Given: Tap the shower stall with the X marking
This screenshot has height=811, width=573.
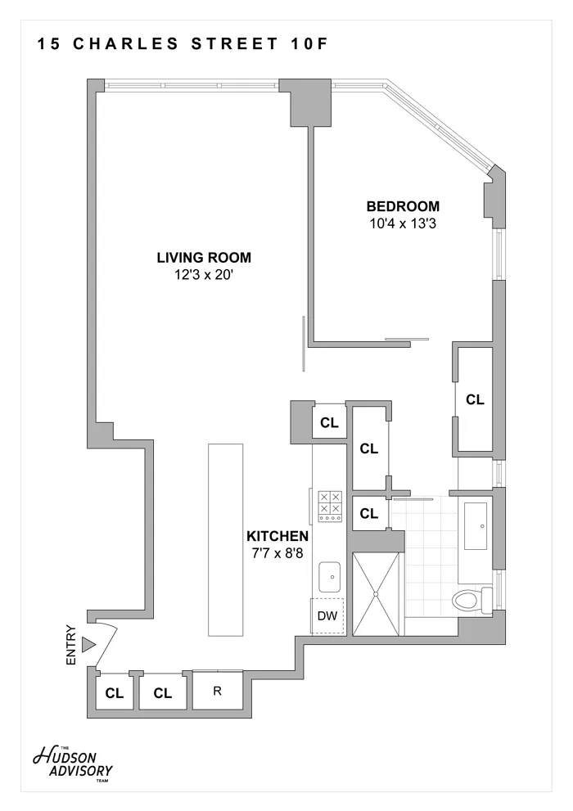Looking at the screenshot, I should [x=377, y=592].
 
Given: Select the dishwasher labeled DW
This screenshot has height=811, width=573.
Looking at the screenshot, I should [x=327, y=616].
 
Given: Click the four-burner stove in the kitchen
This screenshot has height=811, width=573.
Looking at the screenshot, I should [x=330, y=507].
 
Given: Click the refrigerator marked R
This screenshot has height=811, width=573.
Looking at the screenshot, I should [x=218, y=690].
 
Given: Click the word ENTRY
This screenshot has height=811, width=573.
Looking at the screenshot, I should [x=70, y=646].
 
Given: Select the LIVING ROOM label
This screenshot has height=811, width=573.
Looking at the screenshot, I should [x=204, y=257].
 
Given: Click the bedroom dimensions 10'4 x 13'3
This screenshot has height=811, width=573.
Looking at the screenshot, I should [x=403, y=223].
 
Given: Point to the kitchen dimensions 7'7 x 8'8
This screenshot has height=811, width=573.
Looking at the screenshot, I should [x=277, y=552].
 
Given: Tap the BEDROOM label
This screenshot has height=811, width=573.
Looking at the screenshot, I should [x=403, y=206].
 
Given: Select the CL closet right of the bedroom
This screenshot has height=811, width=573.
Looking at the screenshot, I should [x=475, y=399].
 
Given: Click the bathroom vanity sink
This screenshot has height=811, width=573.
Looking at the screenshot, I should [x=476, y=525].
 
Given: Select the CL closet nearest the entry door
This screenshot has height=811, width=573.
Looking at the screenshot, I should [x=114, y=693].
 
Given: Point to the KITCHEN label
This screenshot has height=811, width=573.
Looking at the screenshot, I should [x=277, y=537].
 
